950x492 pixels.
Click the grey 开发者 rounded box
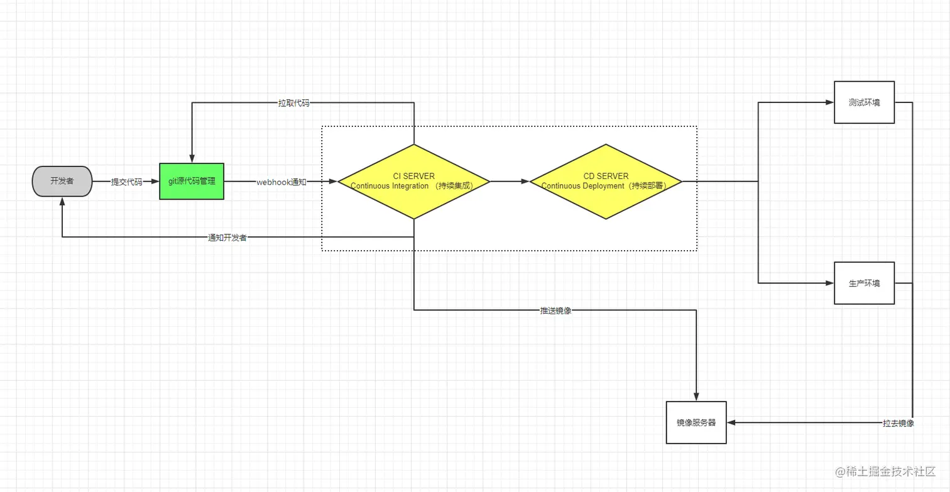pyautogui.click(x=62, y=181)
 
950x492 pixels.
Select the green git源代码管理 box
pyautogui.click(x=192, y=182)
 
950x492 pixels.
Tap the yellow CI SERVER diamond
pyautogui.click(x=413, y=181)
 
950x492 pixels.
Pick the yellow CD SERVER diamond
pyautogui.click(x=605, y=181)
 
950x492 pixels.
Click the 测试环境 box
pyautogui.click(x=863, y=102)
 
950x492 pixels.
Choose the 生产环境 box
pyautogui.click(x=863, y=283)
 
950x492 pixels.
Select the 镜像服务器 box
pyautogui.click(x=696, y=423)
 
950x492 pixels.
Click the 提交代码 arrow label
pyautogui.click(x=126, y=182)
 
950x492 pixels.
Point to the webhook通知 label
pyautogui.click(x=281, y=182)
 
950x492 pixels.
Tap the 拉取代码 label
pyautogui.click(x=293, y=103)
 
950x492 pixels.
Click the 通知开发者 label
pyautogui.click(x=227, y=238)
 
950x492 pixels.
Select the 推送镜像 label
pyautogui.click(x=555, y=310)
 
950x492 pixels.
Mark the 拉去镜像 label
pyautogui.click(x=897, y=424)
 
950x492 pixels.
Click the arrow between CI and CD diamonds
pyautogui.click(x=510, y=182)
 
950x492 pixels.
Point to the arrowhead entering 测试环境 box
pyautogui.click(x=829, y=102)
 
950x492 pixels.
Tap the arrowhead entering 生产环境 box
pyautogui.click(x=829, y=283)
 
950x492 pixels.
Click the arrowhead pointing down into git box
pyautogui.click(x=192, y=158)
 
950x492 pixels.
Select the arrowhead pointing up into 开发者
pyautogui.click(x=62, y=202)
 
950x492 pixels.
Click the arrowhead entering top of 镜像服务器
pyautogui.click(x=696, y=396)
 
